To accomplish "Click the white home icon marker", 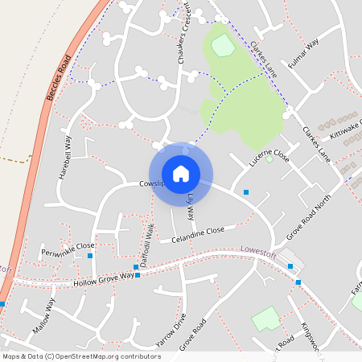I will [181, 173].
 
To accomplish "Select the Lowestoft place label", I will [258, 253].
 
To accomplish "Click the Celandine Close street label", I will [192, 234].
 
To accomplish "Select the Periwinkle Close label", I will [68, 246].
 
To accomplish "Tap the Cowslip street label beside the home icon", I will [152, 183].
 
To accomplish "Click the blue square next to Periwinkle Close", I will [89, 256].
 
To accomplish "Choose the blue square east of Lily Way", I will [246, 192].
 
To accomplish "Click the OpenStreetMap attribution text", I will [81, 356].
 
